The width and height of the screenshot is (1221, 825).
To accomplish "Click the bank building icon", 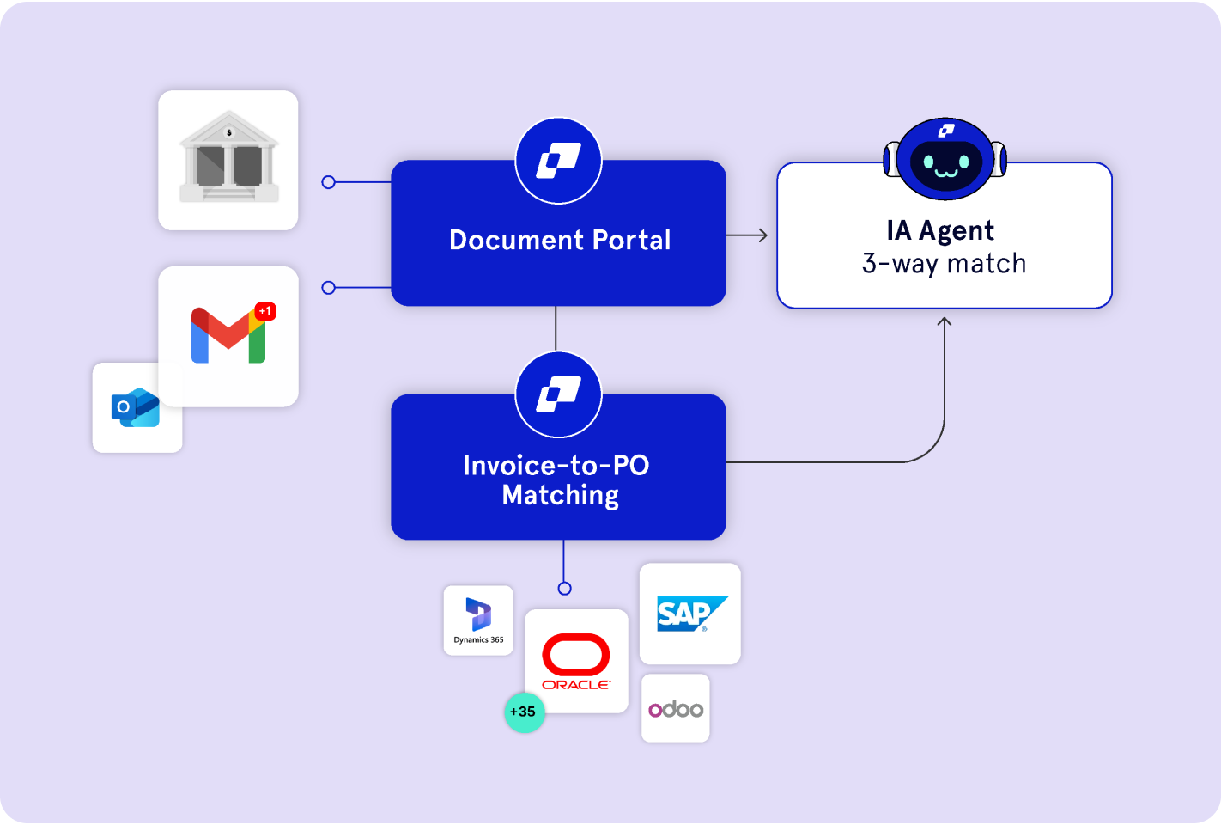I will pyautogui.click(x=228, y=158).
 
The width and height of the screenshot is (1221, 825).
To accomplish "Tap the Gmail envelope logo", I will pyautogui.click(x=228, y=335).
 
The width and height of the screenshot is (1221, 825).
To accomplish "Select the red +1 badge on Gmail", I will pyautogui.click(x=265, y=311).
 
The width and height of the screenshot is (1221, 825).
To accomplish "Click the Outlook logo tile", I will pyautogui.click(x=136, y=408).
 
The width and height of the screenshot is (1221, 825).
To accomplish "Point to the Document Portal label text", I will pyautogui.click(x=560, y=240).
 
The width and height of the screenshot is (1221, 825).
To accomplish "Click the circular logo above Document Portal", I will pyautogui.click(x=559, y=161).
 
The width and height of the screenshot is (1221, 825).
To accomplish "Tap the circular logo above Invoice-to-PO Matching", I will pyautogui.click(x=559, y=394).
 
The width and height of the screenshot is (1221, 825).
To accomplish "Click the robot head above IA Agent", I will pyautogui.click(x=945, y=158).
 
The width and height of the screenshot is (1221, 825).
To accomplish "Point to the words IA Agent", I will pyautogui.click(x=940, y=230).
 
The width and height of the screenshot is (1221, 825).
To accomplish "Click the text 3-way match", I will pyautogui.click(x=944, y=263).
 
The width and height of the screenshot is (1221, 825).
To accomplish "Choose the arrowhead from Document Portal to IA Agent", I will pyautogui.click(x=762, y=235).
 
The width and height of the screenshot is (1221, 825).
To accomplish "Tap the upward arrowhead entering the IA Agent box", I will pyautogui.click(x=945, y=321).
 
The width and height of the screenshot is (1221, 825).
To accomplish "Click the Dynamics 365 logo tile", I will pyautogui.click(x=478, y=620).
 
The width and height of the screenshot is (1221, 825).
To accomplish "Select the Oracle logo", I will pyautogui.click(x=576, y=661).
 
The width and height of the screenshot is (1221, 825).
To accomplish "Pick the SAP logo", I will pyautogui.click(x=690, y=614).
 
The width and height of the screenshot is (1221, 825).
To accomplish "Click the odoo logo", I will pyautogui.click(x=676, y=708).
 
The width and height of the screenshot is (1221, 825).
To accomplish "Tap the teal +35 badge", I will pyautogui.click(x=524, y=712).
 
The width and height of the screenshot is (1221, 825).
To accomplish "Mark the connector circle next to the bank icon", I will pyautogui.click(x=328, y=182).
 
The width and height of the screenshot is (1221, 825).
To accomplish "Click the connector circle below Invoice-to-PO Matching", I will pyautogui.click(x=564, y=589).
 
